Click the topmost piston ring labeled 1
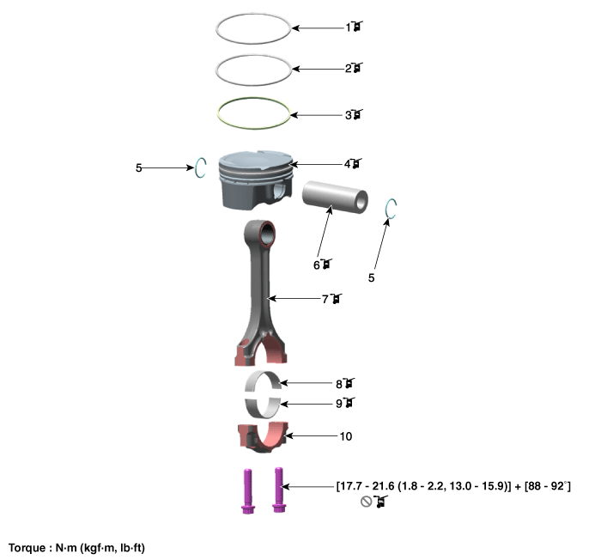click(253, 43)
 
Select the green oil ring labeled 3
click(253, 128)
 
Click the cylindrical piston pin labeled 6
click(335, 198)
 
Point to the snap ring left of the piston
click(197, 168)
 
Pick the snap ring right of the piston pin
click(386, 209)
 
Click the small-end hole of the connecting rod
click(268, 233)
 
